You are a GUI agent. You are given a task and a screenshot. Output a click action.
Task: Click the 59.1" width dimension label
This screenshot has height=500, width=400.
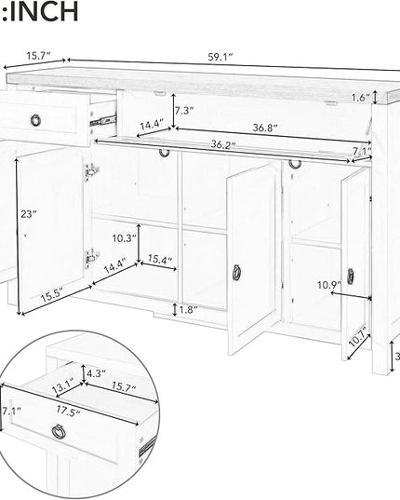220,58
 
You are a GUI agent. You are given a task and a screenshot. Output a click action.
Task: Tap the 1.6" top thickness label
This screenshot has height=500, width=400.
361,98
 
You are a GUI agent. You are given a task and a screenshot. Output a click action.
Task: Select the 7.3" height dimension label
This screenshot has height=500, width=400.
184,111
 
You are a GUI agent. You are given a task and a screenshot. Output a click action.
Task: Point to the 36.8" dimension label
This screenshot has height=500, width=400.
265,128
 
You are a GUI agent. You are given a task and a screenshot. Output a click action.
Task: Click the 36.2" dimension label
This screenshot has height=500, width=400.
223,144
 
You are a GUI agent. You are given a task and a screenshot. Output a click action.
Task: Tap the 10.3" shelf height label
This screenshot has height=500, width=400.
125,237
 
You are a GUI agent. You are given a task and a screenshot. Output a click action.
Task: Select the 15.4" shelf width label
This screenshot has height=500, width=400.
160,259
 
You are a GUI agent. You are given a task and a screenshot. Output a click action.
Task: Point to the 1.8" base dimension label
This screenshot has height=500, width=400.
188,309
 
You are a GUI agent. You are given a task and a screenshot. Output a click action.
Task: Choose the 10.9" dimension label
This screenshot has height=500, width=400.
329,285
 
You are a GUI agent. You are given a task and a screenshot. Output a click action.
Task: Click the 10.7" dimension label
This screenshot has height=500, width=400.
358,336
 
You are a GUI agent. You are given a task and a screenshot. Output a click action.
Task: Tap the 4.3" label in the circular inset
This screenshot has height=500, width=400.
96,372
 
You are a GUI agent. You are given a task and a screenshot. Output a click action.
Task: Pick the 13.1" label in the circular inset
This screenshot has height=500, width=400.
63,385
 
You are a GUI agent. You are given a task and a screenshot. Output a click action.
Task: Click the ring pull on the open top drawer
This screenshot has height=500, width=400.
35,120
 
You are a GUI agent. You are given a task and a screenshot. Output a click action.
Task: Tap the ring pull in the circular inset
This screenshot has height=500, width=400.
58,432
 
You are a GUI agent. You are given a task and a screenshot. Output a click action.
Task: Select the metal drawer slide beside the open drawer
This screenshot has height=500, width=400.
103,120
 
